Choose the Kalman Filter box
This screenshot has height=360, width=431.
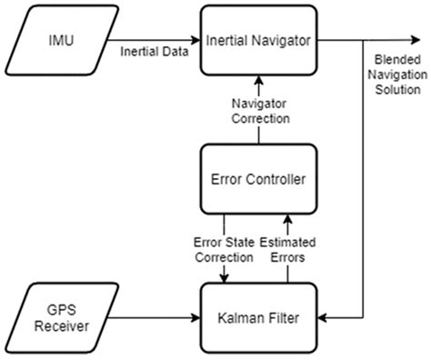(x=258, y=319)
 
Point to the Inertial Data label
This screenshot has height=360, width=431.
(x=155, y=51)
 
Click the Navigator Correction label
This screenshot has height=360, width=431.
(x=258, y=110)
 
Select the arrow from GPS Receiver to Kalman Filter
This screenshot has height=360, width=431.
(x=150, y=319)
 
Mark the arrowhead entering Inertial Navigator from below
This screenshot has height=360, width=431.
(x=258, y=83)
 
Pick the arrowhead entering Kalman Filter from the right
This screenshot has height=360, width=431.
(x=324, y=319)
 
